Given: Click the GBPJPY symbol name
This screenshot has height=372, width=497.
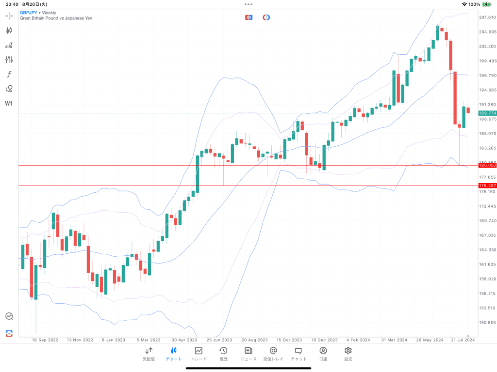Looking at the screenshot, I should coord(29,13).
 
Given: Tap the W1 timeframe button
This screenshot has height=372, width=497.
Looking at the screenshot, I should coord(9,103).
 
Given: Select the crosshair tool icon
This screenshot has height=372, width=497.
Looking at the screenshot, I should coord(9,16).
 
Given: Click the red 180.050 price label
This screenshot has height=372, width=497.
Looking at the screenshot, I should coord(487,165).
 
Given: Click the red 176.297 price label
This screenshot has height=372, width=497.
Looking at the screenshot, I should coord(487,186).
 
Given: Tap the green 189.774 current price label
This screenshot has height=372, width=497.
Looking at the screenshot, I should coord(487,113).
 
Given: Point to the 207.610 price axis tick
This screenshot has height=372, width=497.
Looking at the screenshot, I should coord(487,17).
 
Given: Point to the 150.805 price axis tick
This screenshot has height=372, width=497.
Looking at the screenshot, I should coord(487,322).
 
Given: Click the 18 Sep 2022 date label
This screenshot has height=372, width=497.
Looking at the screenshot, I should coord(45,340).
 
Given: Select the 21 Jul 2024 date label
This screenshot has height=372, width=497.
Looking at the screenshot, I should coord(462,340).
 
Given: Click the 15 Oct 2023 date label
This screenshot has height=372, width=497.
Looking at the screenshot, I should coord(289,340).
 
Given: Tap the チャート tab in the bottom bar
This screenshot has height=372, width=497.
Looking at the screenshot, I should coord(173,354).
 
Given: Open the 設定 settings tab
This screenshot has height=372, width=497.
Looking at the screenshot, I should coord(348,354).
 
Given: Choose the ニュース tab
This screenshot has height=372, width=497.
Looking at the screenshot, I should coord(248,354).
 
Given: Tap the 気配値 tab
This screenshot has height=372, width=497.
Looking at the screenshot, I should coord(149,354).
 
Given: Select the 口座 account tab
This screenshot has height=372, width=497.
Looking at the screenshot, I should coord(323,354).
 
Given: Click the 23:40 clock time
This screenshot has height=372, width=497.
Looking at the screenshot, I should coord(12,4).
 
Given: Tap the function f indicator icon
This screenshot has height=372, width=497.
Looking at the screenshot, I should coord(9,74).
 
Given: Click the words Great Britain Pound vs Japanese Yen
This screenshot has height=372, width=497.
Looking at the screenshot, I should coord(56,18).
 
